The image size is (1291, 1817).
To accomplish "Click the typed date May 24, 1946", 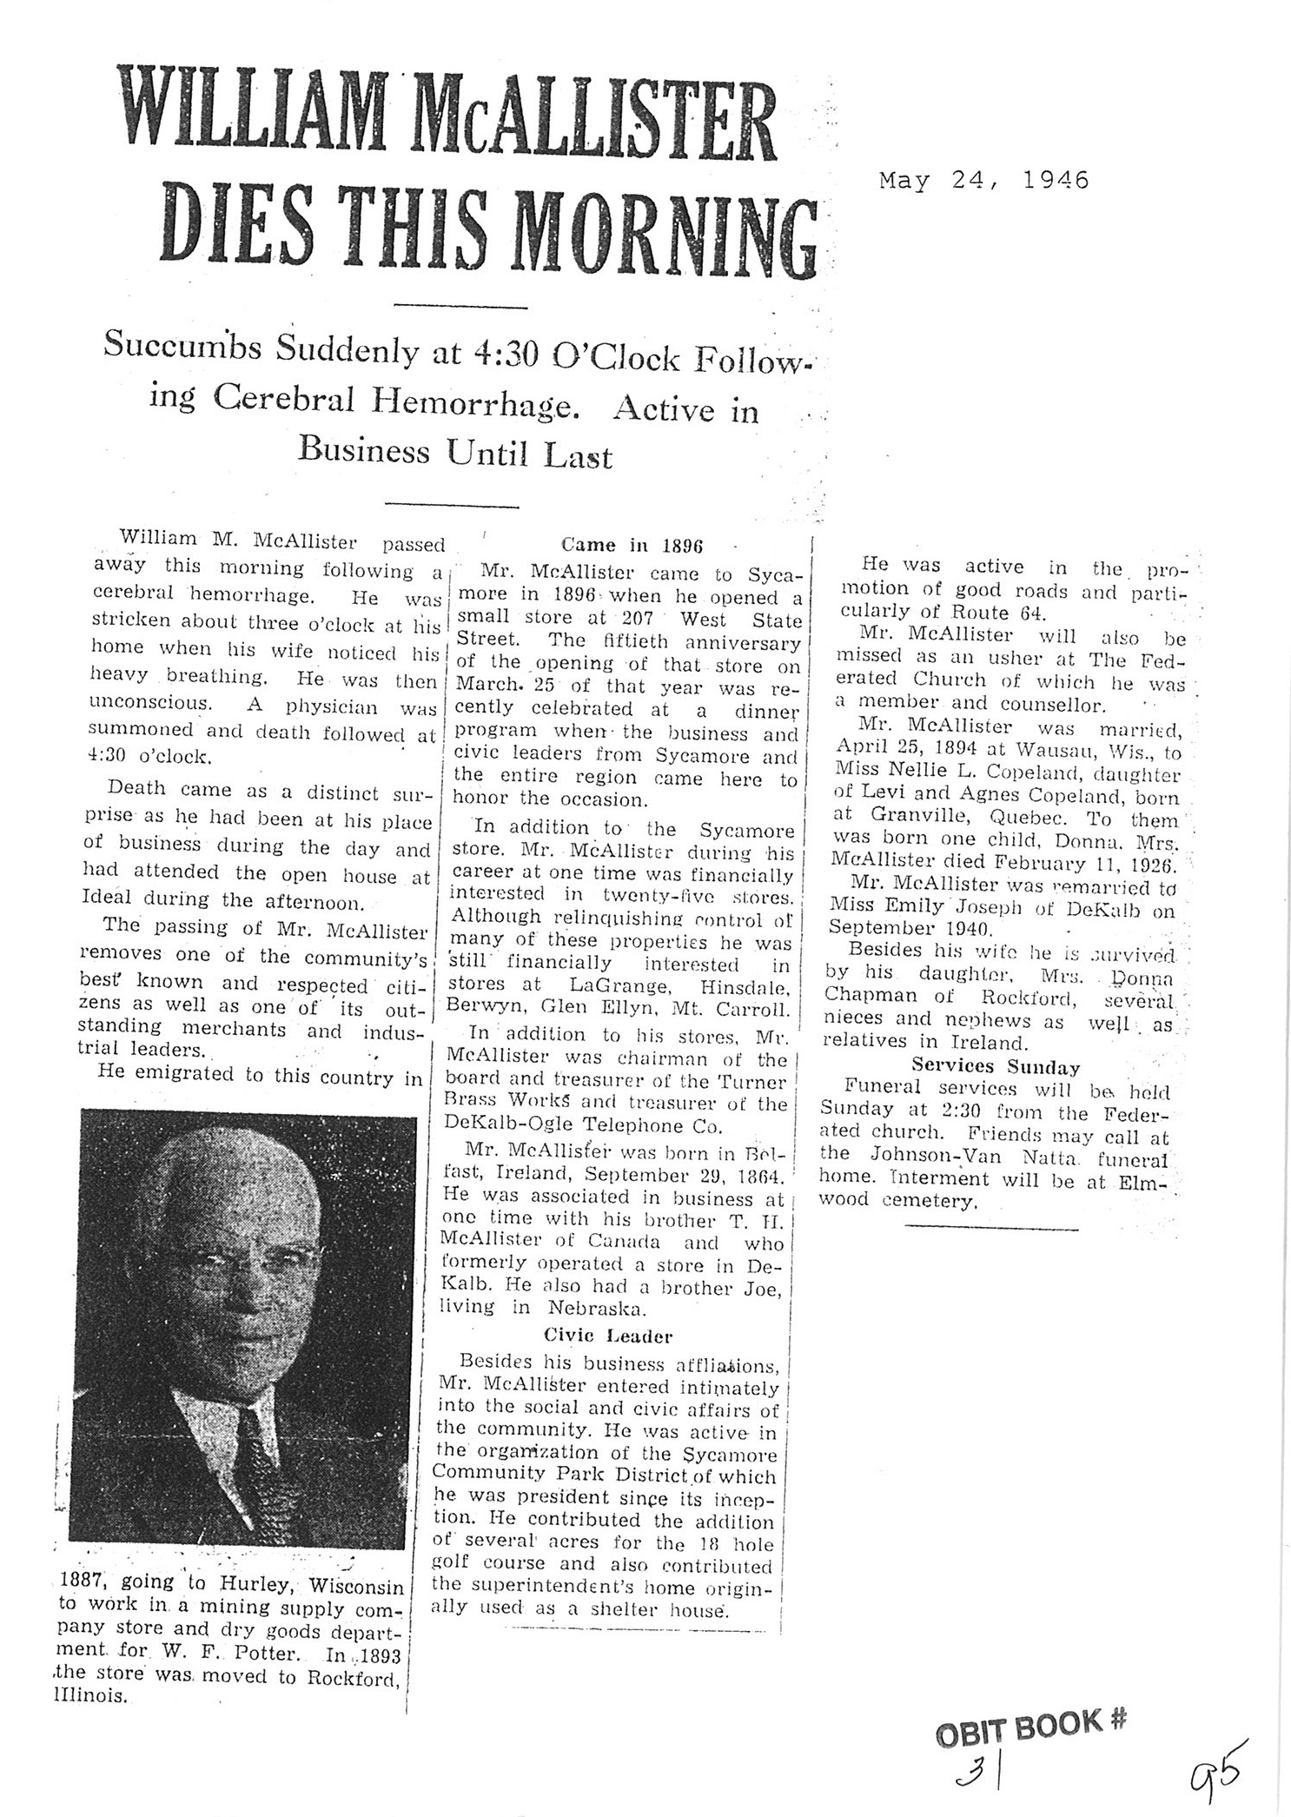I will [x=983, y=181].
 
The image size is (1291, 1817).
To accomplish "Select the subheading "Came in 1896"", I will [x=631, y=546].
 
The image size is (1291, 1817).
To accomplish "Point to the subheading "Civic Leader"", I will [x=608, y=1336].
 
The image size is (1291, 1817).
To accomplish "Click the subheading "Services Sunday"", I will [x=996, y=1068].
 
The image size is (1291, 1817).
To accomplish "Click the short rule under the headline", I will [x=460, y=306].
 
